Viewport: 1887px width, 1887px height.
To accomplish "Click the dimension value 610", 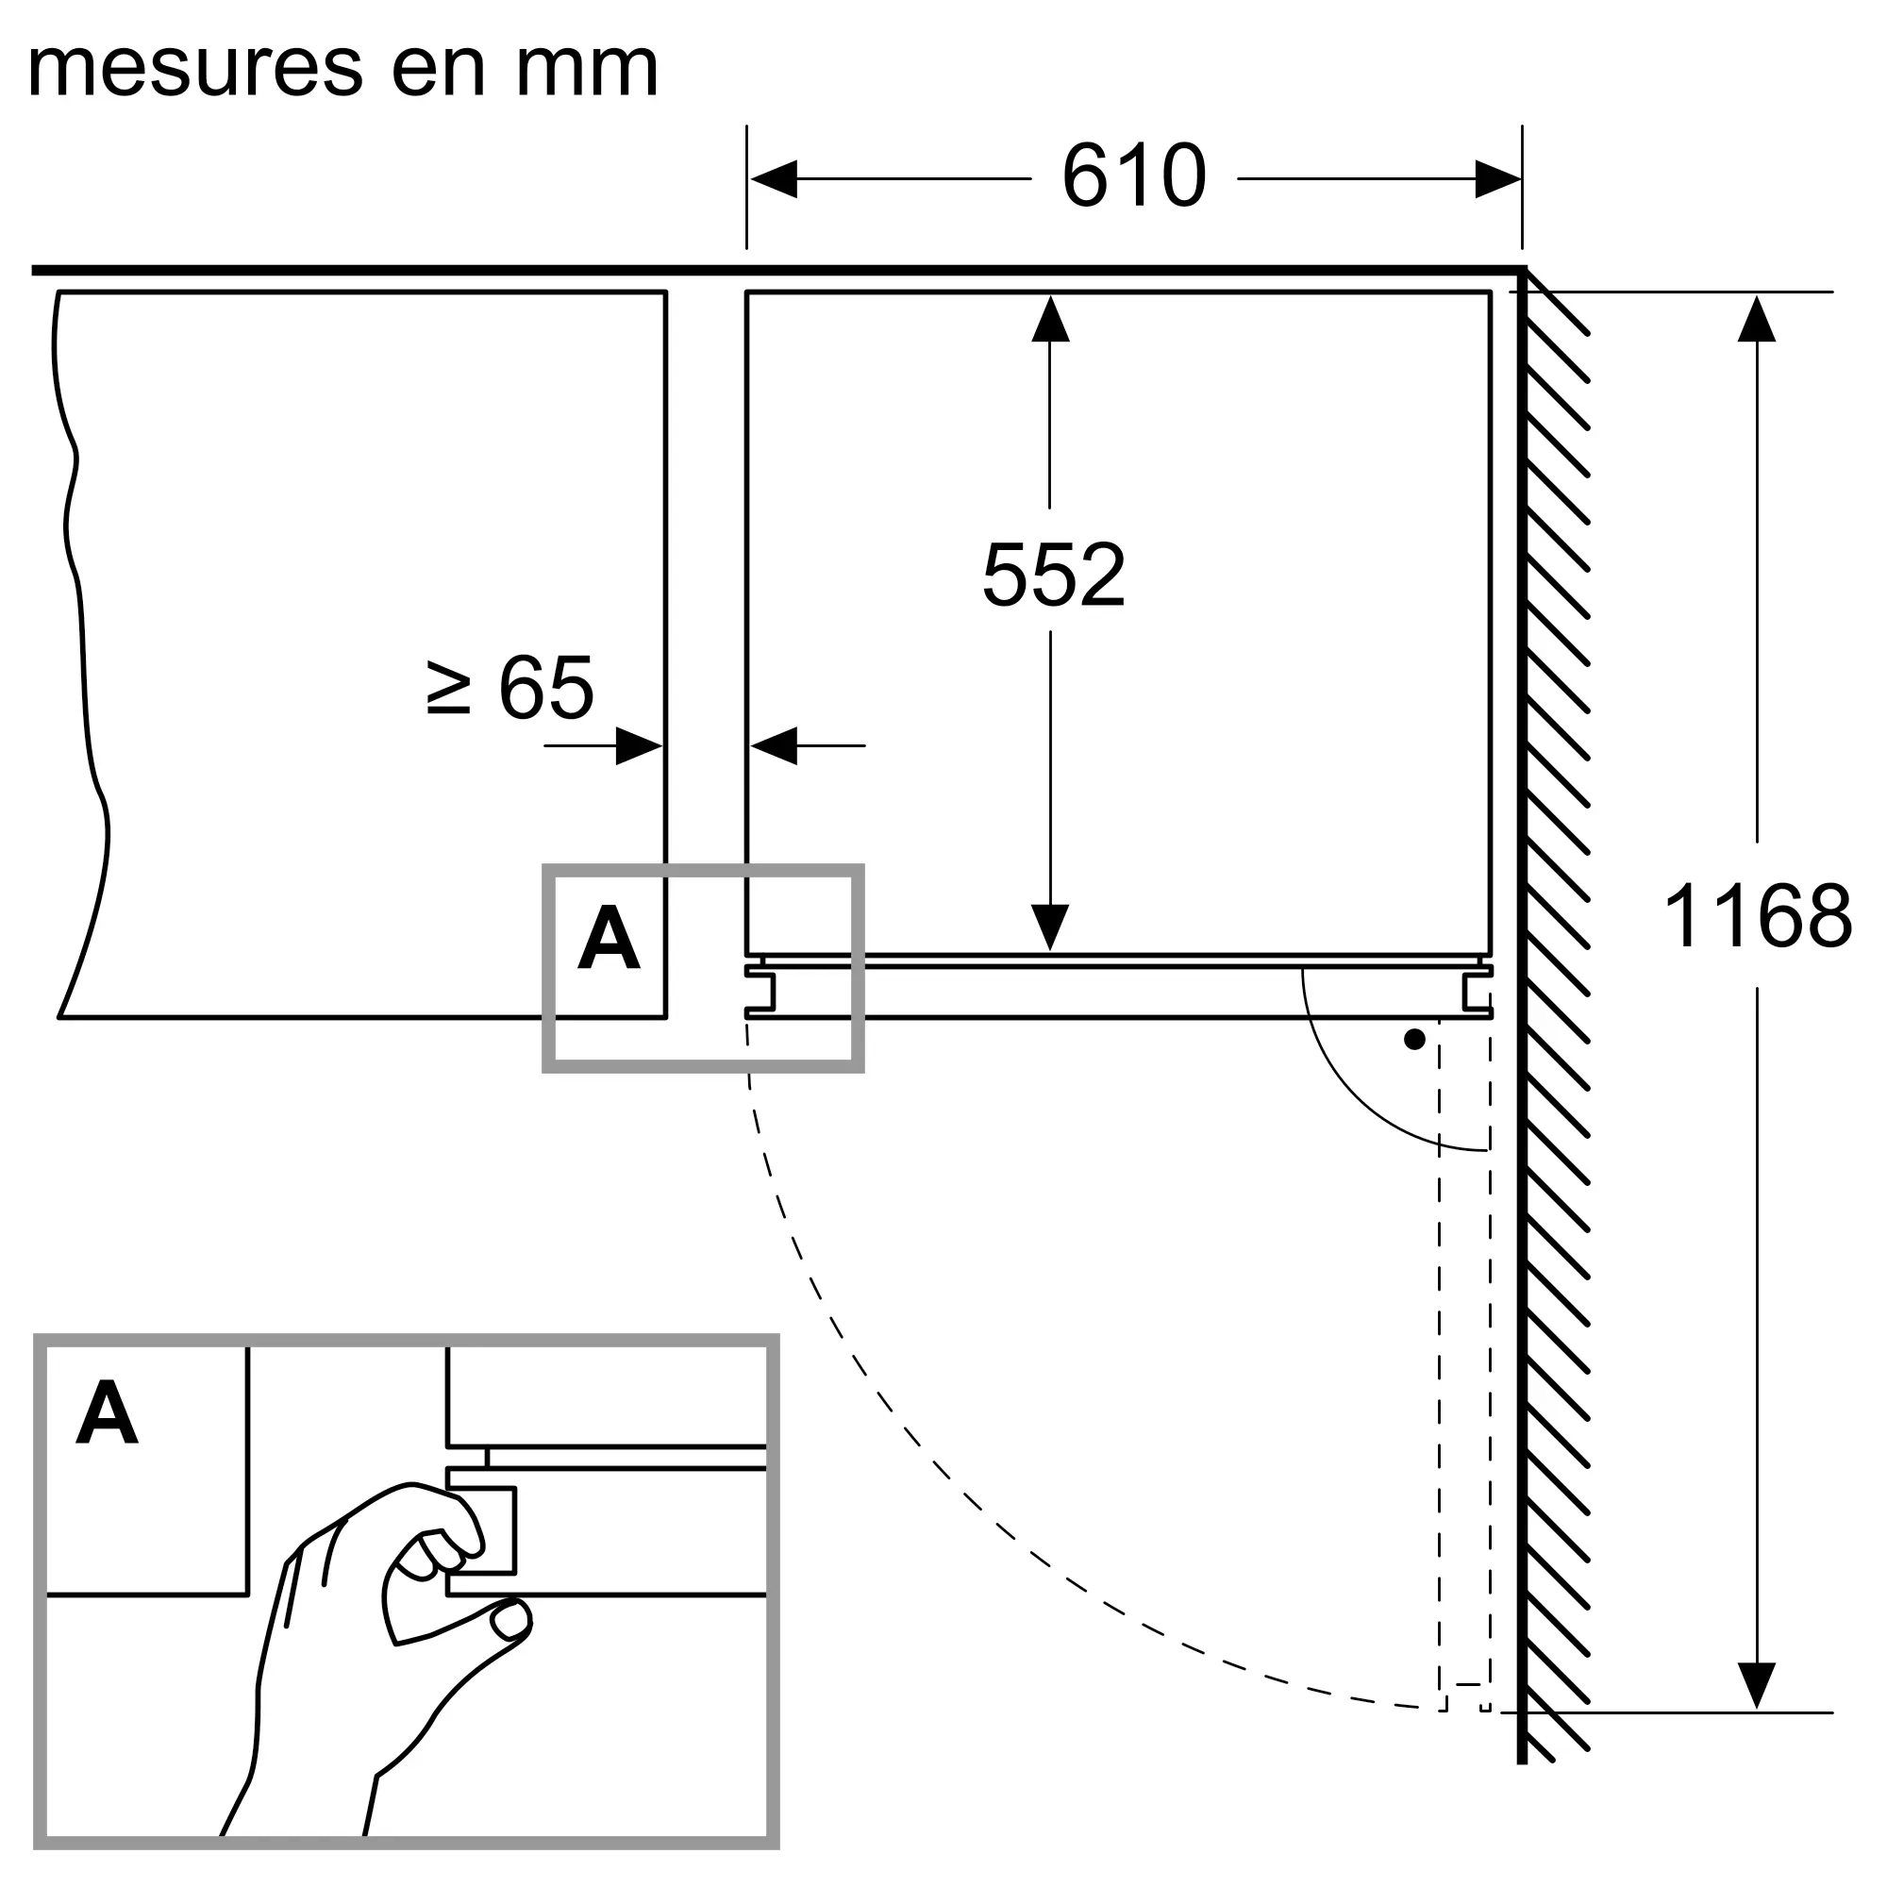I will tap(1133, 176).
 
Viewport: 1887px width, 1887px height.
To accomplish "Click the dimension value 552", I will tap(1053, 575).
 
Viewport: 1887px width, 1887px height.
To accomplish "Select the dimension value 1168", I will tap(1756, 916).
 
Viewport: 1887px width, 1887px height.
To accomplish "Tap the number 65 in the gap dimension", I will tap(545, 688).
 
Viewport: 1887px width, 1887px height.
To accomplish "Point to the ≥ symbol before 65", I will tap(449, 688).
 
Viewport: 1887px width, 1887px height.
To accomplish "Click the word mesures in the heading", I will tap(195, 68).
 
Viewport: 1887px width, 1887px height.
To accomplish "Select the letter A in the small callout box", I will tap(609, 937).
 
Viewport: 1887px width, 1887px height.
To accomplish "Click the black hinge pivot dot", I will tap(1414, 1039).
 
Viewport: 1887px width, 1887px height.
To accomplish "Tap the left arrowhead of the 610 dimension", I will tap(774, 178).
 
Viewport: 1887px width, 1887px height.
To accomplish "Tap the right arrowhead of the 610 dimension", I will tap(1497, 178).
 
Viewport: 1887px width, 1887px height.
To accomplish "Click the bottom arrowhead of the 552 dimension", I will tap(1050, 926).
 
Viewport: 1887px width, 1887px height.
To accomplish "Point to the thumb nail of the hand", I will tap(510, 1622).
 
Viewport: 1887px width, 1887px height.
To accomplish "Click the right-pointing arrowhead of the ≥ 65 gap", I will tap(639, 746).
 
